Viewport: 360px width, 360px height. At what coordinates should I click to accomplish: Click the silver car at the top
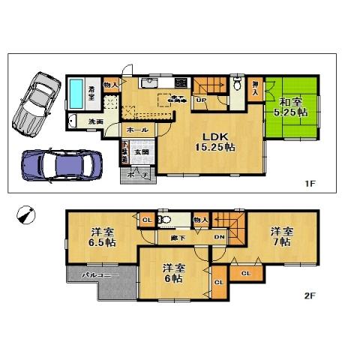[x=34, y=100]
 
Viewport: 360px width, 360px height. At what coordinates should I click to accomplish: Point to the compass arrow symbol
[x=25, y=214]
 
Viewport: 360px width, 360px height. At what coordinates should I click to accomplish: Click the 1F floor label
[x=309, y=183]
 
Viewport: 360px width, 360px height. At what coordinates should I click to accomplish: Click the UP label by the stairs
[x=201, y=100]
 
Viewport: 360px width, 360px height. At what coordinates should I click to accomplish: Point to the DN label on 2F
[x=220, y=237]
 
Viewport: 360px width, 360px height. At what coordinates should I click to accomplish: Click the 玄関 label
[x=141, y=151]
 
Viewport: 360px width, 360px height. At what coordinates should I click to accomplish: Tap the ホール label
[x=136, y=129]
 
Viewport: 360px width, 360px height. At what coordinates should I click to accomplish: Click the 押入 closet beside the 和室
[x=256, y=88]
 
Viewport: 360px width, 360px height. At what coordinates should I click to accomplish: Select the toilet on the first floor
[x=237, y=84]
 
